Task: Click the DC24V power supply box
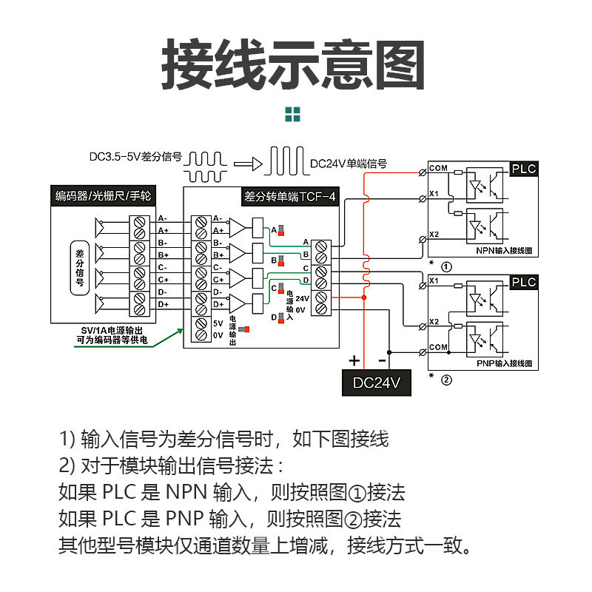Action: [x=377, y=383]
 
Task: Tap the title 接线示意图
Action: [x=293, y=64]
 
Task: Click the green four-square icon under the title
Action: [x=292, y=115]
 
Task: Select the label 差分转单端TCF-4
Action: [x=290, y=196]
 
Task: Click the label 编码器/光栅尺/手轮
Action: [x=103, y=195]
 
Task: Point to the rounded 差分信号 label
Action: [x=80, y=268]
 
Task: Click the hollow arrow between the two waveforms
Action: [x=248, y=164]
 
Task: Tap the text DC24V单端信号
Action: [x=348, y=164]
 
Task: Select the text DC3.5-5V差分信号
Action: [x=135, y=157]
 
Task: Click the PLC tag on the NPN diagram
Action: [x=524, y=169]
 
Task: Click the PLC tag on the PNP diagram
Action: [x=524, y=282]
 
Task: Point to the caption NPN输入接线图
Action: [x=504, y=250]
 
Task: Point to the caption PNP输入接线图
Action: [x=504, y=363]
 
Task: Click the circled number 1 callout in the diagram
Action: [x=446, y=267]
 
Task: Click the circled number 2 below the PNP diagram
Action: [x=446, y=380]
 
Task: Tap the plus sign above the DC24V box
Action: [x=354, y=360]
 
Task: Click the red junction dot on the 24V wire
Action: [x=364, y=297]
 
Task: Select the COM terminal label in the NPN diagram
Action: [x=438, y=168]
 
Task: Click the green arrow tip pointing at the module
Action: [x=182, y=329]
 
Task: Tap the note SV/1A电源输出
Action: [x=112, y=331]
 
